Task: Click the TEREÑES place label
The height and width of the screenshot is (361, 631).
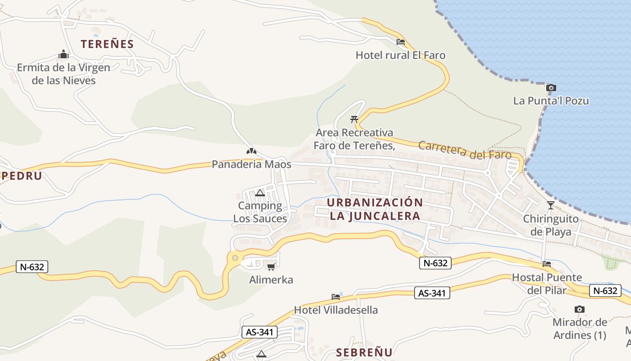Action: tap(107, 44)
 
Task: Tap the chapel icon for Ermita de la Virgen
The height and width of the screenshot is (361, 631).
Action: tap(64, 55)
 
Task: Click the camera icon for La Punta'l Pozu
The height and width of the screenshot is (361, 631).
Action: tap(551, 88)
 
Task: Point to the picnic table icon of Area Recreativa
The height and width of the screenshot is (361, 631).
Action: tap(354, 120)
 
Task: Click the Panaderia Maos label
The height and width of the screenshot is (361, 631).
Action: tap(251, 164)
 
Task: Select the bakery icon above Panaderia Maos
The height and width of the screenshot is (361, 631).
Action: tap(251, 151)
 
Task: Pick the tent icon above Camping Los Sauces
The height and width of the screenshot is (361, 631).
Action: tap(260, 193)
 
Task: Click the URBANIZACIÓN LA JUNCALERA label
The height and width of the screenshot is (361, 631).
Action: tap(375, 209)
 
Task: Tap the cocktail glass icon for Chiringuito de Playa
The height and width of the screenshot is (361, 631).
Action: tap(550, 205)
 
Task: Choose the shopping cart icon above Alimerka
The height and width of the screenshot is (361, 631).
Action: tap(271, 267)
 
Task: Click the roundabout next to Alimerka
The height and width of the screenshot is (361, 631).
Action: tap(235, 259)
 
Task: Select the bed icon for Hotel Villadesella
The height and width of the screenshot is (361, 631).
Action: tap(336, 296)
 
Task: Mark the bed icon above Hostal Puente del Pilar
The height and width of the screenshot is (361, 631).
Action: tap(547, 264)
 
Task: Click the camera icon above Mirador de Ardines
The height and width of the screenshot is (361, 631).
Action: tap(580, 309)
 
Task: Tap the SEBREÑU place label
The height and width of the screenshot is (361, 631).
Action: tap(364, 352)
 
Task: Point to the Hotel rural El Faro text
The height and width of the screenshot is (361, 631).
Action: tap(400, 56)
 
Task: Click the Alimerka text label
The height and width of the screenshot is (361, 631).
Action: tap(271, 280)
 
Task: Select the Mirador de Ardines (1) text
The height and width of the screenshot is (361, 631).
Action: tap(580, 329)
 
